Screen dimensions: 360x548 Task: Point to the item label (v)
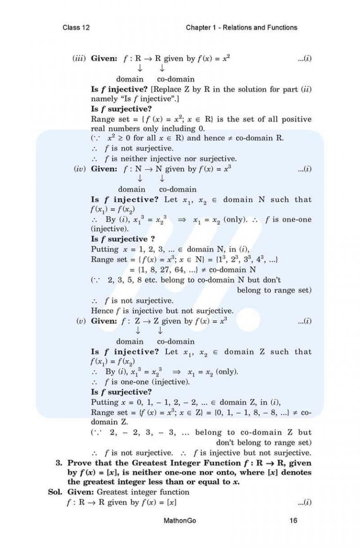[x=82, y=321]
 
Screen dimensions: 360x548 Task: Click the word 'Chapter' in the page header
[x=198, y=28]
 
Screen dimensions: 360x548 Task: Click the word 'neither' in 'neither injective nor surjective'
[x=126, y=159]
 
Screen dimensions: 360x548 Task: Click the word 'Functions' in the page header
[x=282, y=28]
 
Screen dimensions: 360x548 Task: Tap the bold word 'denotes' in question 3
[x=296, y=472]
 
